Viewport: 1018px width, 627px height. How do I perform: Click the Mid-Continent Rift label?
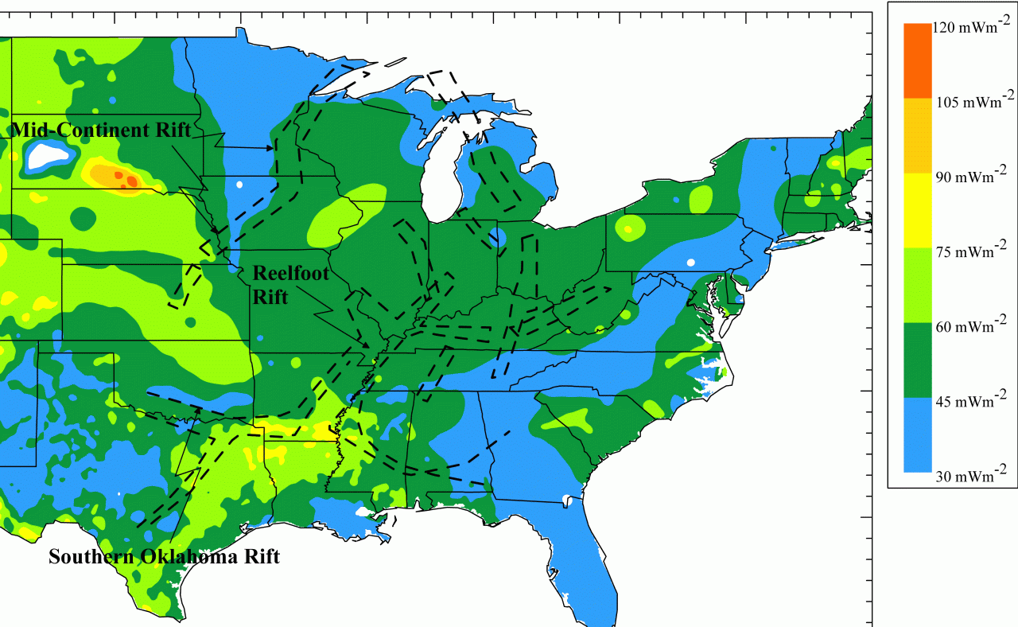coord(101,130)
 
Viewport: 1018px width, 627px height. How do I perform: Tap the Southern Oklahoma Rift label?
coord(164,557)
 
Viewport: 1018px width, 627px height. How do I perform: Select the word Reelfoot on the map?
coord(289,273)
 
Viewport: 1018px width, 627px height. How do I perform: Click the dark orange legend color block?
coord(917,60)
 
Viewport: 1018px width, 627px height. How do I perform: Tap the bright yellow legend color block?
coord(917,209)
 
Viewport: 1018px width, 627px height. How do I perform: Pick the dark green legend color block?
coord(917,360)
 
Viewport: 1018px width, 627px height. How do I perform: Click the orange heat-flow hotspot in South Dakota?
coord(119,177)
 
